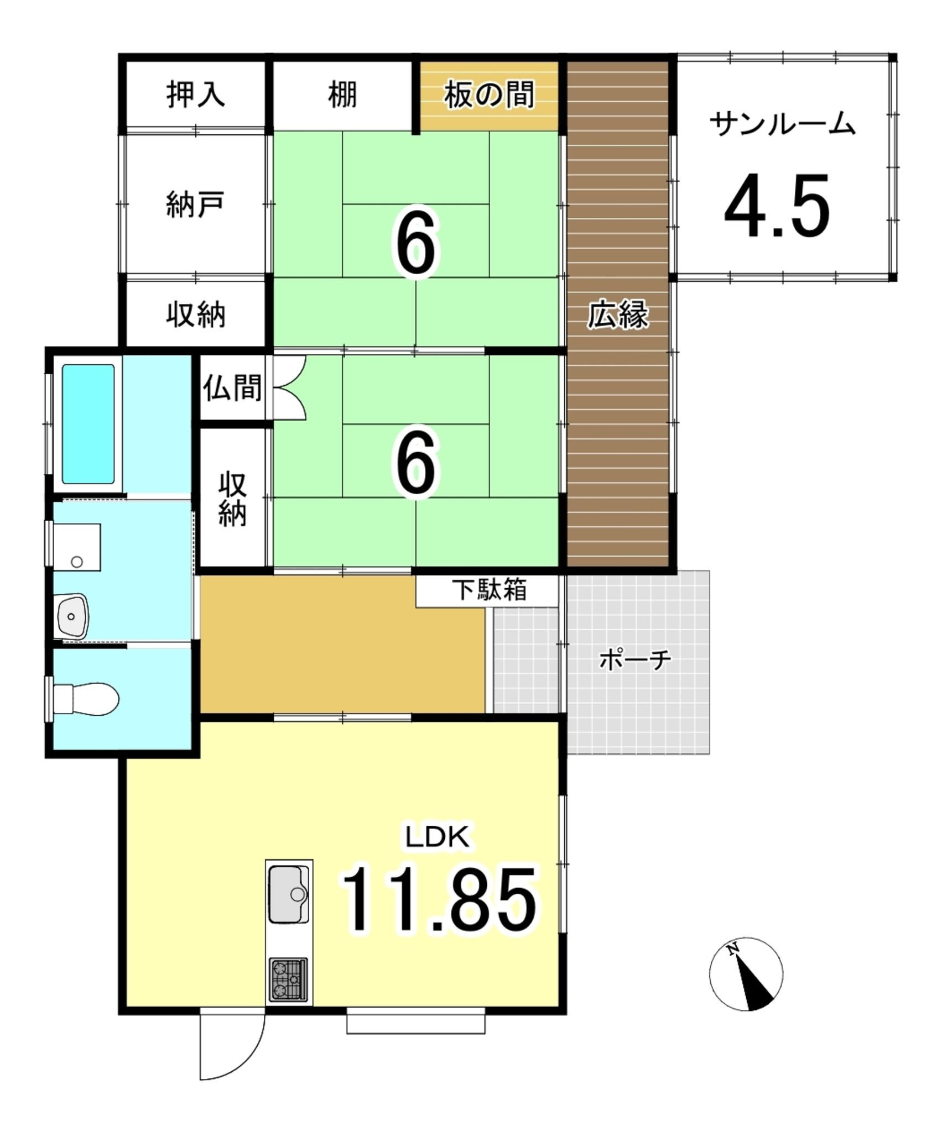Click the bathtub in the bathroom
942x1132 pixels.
click(x=89, y=423)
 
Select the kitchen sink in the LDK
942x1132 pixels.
click(x=289, y=894)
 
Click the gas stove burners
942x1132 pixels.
click(x=288, y=979)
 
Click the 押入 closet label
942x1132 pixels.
click(x=196, y=94)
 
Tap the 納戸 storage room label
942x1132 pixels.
click(x=195, y=205)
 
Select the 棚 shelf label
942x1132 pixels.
click(x=342, y=94)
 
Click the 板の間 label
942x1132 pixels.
click(x=489, y=95)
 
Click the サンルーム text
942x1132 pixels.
click(x=783, y=124)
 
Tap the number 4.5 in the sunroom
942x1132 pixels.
click(x=777, y=206)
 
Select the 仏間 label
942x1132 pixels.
click(x=232, y=387)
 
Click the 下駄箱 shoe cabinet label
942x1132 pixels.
click(x=490, y=590)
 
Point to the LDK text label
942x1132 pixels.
click(x=438, y=837)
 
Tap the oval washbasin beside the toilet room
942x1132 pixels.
click(x=73, y=616)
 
